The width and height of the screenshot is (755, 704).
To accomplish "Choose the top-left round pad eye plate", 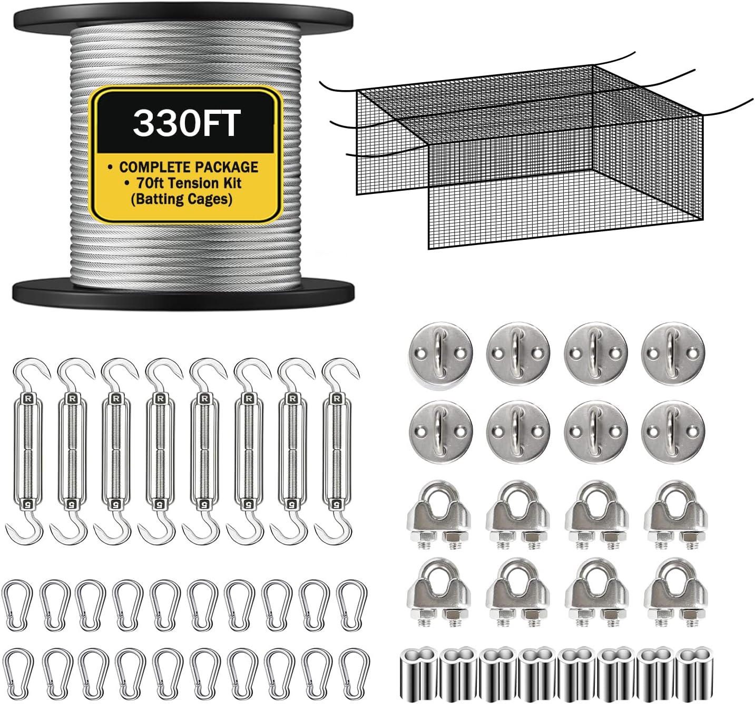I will point(440,352).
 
